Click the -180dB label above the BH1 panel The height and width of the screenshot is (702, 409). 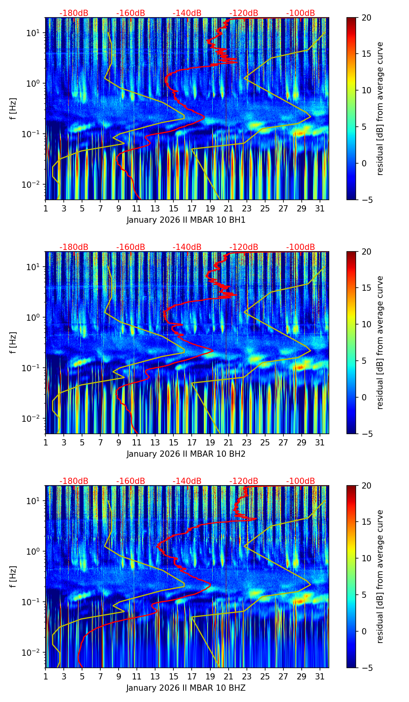[x=74, y=13]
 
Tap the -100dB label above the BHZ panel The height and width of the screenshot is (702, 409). [x=301, y=481]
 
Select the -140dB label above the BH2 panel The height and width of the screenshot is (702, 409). [x=187, y=247]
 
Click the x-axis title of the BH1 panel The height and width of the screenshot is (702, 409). [x=186, y=220]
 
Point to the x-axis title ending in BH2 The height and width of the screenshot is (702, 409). [x=186, y=454]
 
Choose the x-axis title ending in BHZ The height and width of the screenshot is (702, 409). [x=186, y=688]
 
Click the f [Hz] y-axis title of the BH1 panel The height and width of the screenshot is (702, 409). [x=13, y=109]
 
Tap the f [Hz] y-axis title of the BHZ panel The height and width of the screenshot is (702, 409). [x=13, y=577]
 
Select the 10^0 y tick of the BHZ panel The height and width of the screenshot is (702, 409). [x=33, y=552]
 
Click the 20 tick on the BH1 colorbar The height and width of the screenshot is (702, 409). [x=367, y=17]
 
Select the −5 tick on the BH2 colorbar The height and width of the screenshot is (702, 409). [x=367, y=434]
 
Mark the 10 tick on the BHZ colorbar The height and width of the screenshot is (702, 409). [x=367, y=559]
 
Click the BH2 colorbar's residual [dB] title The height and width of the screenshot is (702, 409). [x=380, y=342]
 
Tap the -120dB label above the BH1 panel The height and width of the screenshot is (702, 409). [x=244, y=13]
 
